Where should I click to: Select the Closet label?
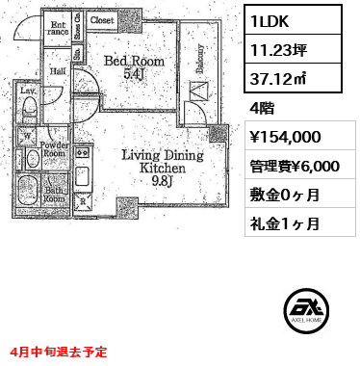[x=102, y=19]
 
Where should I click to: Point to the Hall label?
[x=58, y=69]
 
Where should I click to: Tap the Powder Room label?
[x=53, y=150]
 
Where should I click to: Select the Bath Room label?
[x=53, y=196]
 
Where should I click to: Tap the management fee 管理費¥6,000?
[x=293, y=166]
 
